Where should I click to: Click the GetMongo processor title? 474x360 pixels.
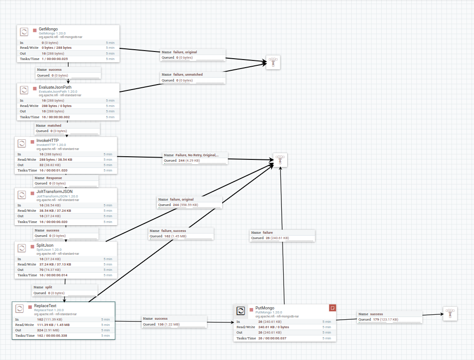(x=48, y=29)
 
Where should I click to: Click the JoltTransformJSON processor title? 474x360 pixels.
(x=54, y=192)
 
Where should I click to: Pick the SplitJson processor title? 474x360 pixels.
(x=45, y=245)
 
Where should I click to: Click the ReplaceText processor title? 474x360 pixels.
(x=45, y=306)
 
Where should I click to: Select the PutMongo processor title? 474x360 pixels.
(x=265, y=308)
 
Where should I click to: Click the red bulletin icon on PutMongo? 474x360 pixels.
(x=332, y=308)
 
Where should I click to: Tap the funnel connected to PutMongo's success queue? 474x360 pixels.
(x=450, y=313)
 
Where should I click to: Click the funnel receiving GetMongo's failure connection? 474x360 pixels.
(x=273, y=63)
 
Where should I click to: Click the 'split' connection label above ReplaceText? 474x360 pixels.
(x=49, y=287)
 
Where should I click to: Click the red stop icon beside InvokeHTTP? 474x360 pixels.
(x=32, y=141)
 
